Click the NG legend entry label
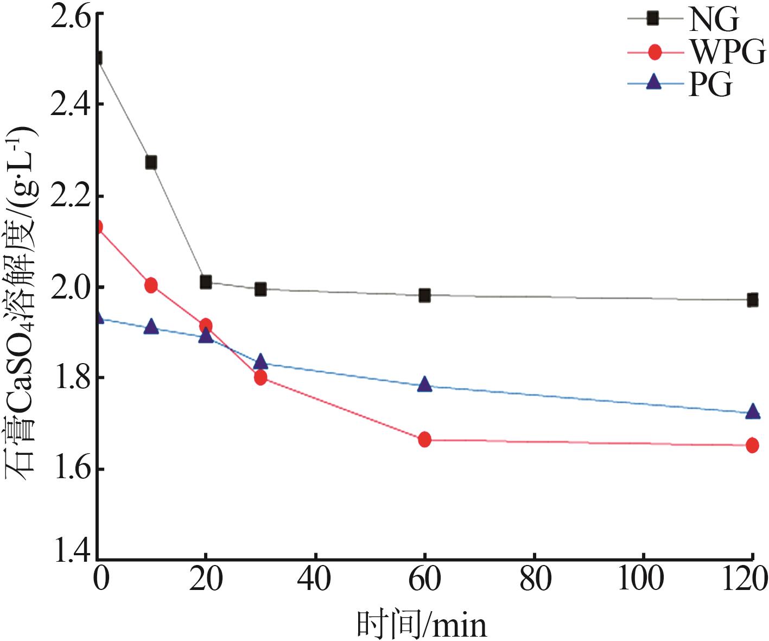coord(713,20)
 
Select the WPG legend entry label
coord(727,53)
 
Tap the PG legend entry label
coord(710,84)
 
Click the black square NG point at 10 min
coord(151,162)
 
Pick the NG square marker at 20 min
coord(206,282)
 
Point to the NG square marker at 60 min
coord(424,296)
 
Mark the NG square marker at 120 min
coord(752,300)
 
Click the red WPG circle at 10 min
coord(151,285)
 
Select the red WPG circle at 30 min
coord(260,377)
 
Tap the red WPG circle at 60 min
coord(424,440)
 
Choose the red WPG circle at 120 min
coord(752,445)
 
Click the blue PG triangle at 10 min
coord(151,327)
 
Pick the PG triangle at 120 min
coord(752,411)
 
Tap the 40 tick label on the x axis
coord(315,580)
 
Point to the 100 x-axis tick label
coord(641,580)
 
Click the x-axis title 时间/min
coord(422,625)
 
